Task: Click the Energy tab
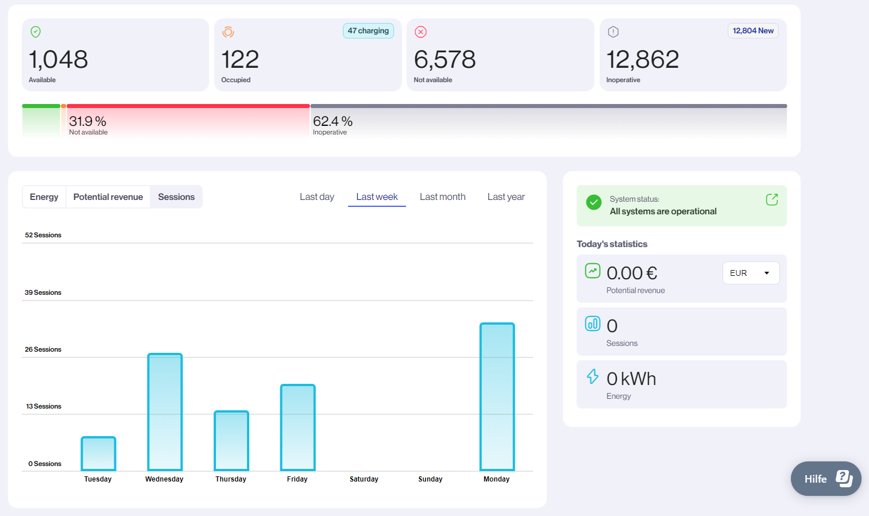[x=44, y=197]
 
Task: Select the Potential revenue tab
[x=108, y=197]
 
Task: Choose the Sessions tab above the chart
[x=176, y=197]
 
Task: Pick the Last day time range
[x=316, y=197]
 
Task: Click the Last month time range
[x=442, y=197]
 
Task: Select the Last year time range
[x=506, y=197]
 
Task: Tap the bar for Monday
[x=497, y=396]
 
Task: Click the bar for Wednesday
[x=165, y=412]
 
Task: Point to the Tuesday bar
[x=98, y=453]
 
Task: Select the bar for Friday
[x=298, y=428]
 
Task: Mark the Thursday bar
[x=231, y=441]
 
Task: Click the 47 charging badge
[x=368, y=31]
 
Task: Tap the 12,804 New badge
[x=753, y=31]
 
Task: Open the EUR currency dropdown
[x=750, y=273]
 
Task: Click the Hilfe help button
[x=825, y=479]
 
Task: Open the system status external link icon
[x=771, y=199]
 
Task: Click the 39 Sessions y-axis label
[x=43, y=292]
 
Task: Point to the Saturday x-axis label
[x=364, y=479]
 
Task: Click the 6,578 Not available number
[x=445, y=60]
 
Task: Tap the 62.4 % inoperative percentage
[x=333, y=121]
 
